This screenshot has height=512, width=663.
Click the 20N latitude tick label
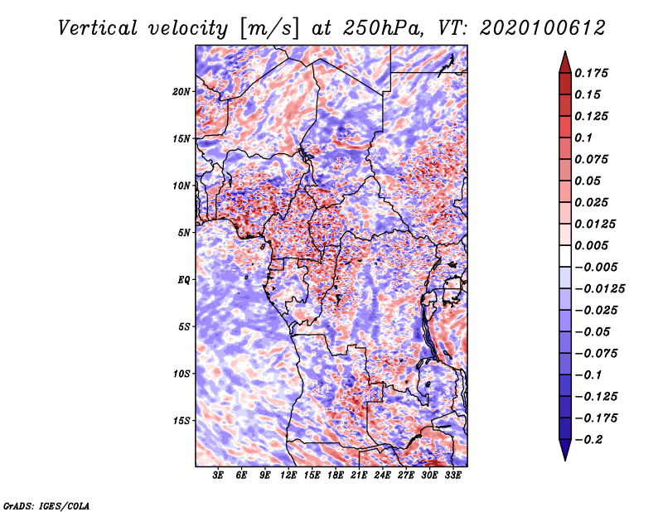coord(181,92)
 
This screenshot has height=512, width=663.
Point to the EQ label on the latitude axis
coord(184,280)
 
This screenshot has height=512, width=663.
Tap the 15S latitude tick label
coord(181,421)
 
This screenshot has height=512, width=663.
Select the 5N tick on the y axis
coord(184,233)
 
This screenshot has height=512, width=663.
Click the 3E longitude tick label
coord(218,476)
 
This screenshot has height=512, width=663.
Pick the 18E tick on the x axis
coord(336,476)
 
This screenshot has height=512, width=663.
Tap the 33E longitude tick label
coord(452,476)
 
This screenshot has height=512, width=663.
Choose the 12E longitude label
coord(288,476)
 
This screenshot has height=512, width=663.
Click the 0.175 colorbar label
coord(591,73)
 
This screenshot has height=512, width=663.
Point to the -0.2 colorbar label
coord(588,440)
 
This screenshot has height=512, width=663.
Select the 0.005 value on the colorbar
coord(591,245)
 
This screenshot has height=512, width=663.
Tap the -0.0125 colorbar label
coord(599,289)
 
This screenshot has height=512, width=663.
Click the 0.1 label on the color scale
coord(583,138)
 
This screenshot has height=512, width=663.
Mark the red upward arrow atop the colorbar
coord(565,62)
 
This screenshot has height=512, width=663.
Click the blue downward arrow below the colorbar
coord(565,450)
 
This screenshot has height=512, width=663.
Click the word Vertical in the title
coord(98,28)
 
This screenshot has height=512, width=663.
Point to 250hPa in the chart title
coord(383,28)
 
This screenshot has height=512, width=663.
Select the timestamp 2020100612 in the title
coord(543,28)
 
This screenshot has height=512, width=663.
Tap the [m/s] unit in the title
coord(269,29)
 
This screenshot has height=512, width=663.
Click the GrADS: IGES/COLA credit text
coord(46,505)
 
